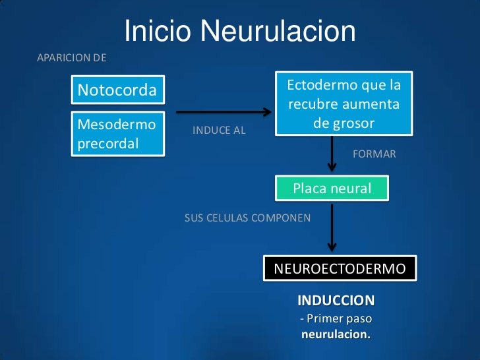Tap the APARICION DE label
point(71,58)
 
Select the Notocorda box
point(117,90)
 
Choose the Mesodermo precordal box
point(117,133)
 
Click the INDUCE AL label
point(219,131)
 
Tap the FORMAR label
point(375,154)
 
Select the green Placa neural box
point(332,189)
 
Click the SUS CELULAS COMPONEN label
point(247,217)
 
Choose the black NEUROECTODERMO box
point(340,269)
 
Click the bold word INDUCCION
point(336,301)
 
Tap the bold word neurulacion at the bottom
point(336,334)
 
